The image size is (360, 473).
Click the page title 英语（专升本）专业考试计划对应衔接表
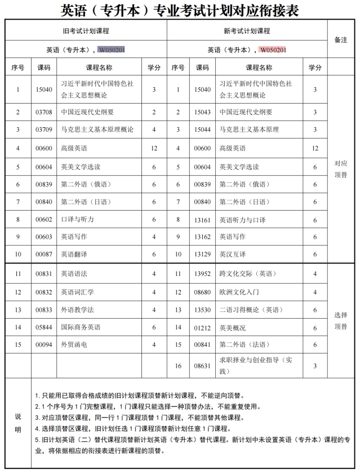point(180,10)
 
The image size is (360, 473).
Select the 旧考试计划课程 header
point(86,31)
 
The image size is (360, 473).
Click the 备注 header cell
point(341,40)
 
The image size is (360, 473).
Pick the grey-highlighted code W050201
point(112,50)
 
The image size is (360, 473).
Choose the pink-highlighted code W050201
point(273,50)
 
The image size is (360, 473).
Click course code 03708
point(43,112)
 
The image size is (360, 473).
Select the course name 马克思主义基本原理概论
point(97,130)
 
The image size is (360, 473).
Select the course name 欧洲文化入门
point(239,292)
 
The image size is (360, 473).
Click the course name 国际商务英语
point(81,327)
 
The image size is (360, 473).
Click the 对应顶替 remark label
point(341,168)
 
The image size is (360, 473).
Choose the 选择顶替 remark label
point(341,320)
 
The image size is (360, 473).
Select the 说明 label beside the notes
point(18,423)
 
